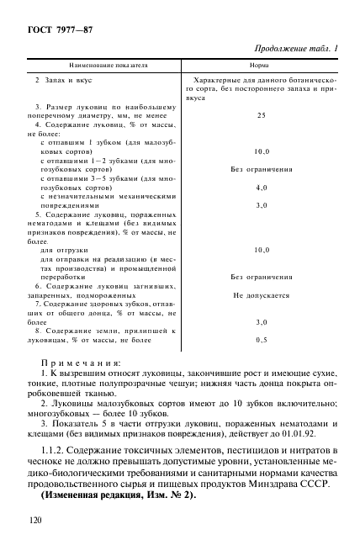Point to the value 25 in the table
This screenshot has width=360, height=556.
tap(261, 115)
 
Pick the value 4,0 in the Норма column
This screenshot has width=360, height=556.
tap(261, 188)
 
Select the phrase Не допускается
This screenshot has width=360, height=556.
tap(261, 296)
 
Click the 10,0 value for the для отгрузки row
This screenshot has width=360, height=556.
tap(261, 250)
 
